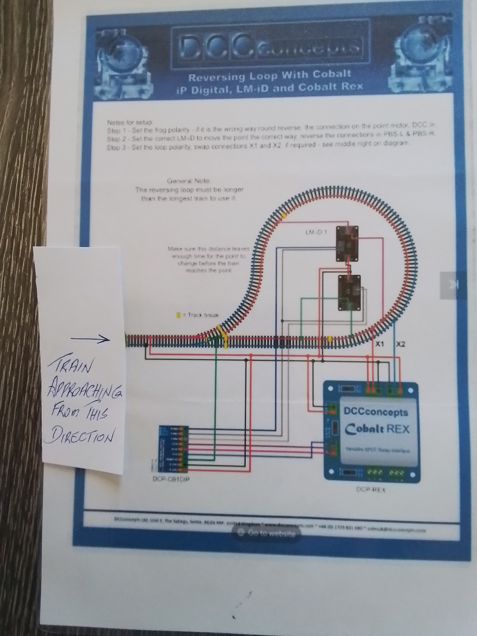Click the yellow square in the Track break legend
tap(178, 315)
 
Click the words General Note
tap(189, 181)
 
